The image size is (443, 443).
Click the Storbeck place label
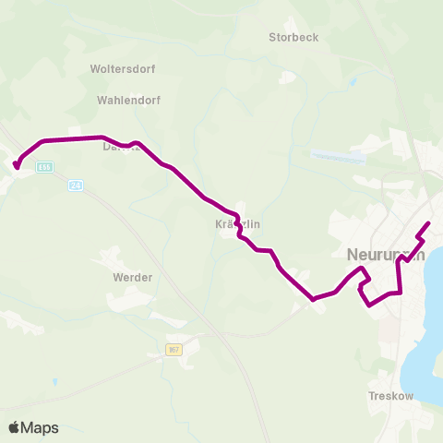tap(293, 38)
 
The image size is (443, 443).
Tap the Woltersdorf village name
tap(123, 69)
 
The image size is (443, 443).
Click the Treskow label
tap(390, 396)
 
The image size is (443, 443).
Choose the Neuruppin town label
tap(385, 255)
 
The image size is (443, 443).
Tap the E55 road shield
tap(45, 167)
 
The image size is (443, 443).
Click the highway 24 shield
tap(76, 186)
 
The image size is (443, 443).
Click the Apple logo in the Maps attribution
tap(14, 427)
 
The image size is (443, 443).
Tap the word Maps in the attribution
tap(40, 427)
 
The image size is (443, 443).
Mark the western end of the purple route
tap(17, 166)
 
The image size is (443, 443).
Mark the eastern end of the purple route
tap(429, 224)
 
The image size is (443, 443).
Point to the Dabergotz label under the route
tap(121, 146)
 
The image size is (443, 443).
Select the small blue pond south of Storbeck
tap(353, 81)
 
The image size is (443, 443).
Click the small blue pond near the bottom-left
tap(55, 381)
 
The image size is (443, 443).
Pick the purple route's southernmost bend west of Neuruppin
tap(314, 299)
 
